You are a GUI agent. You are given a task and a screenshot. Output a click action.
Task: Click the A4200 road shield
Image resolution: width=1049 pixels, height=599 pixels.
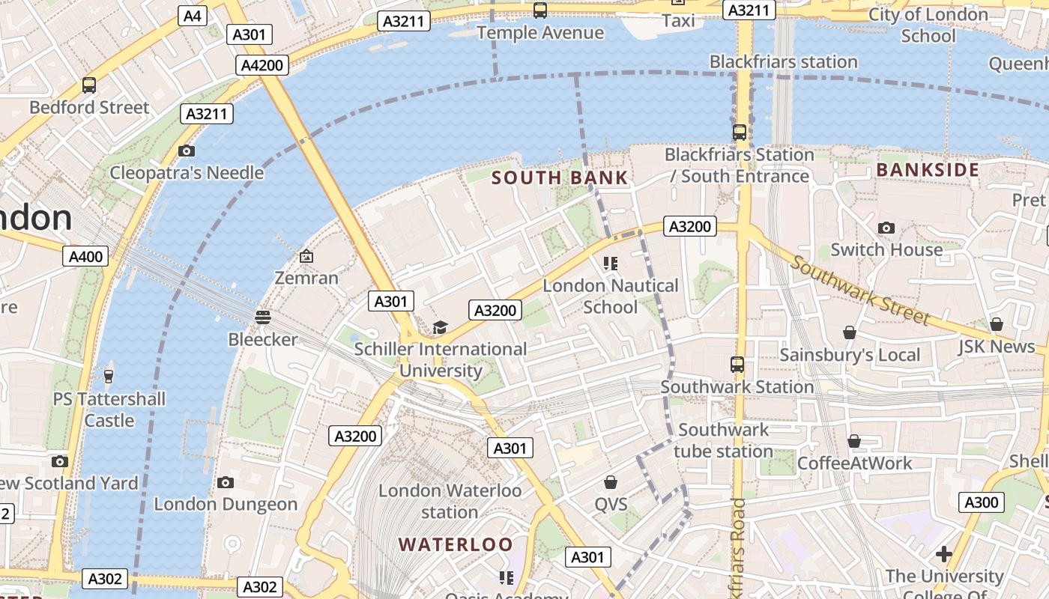pyautogui.click(x=262, y=65)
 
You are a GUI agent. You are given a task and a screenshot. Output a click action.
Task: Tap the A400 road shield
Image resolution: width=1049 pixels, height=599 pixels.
pyautogui.click(x=85, y=257)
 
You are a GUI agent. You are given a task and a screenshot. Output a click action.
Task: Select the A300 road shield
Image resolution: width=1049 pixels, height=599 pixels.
pyautogui.click(x=982, y=502)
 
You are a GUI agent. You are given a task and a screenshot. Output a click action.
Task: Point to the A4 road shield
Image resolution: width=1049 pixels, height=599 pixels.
pyautogui.click(x=192, y=16)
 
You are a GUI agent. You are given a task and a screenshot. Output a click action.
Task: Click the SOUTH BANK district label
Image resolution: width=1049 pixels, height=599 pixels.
pyautogui.click(x=560, y=177)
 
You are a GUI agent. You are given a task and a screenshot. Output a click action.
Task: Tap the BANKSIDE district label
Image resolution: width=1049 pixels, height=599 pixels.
pyautogui.click(x=928, y=170)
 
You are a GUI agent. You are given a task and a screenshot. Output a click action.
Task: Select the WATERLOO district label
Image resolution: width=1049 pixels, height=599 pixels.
pyautogui.click(x=456, y=544)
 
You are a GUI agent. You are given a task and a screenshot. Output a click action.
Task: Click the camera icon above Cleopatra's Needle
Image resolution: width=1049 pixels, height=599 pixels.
pyautogui.click(x=187, y=151)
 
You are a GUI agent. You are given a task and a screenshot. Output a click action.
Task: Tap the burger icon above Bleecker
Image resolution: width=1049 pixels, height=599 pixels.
pyautogui.click(x=262, y=317)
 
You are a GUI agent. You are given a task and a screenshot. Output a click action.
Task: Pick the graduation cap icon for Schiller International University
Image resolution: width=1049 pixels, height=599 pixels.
pyautogui.click(x=440, y=328)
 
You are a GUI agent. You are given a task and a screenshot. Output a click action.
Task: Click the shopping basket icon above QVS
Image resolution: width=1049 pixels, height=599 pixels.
pyautogui.click(x=611, y=482)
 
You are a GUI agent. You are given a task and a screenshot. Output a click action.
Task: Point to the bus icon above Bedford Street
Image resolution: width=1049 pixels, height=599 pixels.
pyautogui.click(x=89, y=85)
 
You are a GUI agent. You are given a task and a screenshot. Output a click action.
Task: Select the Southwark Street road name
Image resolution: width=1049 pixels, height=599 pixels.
pyautogui.click(x=859, y=290)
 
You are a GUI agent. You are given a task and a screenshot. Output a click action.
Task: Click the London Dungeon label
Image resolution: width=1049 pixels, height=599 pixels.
pyautogui.click(x=226, y=504)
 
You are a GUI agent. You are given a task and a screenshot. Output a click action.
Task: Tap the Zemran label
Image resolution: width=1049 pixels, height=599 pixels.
pyautogui.click(x=306, y=278)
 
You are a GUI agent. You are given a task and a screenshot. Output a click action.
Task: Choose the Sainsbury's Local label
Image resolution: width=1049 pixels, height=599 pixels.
pyautogui.click(x=850, y=354)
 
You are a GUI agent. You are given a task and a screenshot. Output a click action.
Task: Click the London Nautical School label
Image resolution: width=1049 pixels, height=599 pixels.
pyautogui.click(x=611, y=296)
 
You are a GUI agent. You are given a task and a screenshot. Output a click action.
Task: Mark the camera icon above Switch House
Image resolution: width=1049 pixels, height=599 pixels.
pyautogui.click(x=886, y=228)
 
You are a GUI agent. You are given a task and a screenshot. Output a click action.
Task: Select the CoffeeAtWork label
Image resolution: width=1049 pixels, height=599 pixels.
pyautogui.click(x=854, y=463)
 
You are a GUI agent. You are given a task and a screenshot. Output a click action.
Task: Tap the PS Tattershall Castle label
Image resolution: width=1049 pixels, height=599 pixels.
pyautogui.click(x=109, y=410)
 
